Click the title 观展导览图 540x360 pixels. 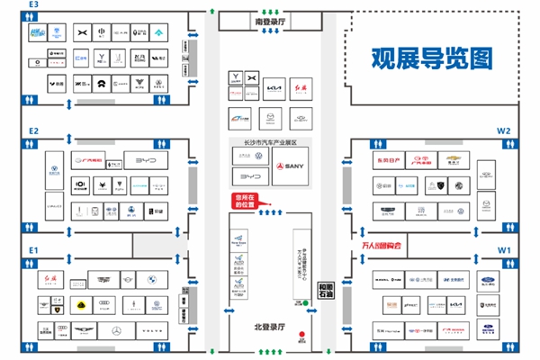(x=433, y=58)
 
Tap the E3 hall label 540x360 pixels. (x=33, y=5)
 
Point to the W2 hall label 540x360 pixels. (x=503, y=130)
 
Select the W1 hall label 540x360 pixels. (x=504, y=249)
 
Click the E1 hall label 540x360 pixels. (x=33, y=249)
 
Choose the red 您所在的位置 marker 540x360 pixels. (x=245, y=202)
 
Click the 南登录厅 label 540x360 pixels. (x=269, y=21)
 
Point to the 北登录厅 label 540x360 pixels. (x=268, y=326)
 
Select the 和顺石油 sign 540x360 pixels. (x=328, y=289)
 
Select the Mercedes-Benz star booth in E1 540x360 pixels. (x=115, y=331)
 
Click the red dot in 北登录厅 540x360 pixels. (x=303, y=340)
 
